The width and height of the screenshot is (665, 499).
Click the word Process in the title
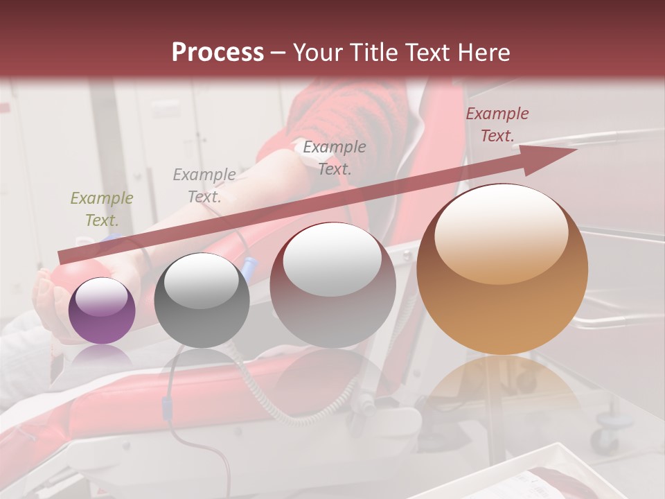[218, 53]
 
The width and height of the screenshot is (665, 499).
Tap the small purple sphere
[102, 310]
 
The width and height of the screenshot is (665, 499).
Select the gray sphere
[202, 300]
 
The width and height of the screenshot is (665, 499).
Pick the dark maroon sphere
[332, 284]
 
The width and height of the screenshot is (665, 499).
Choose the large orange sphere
[502, 269]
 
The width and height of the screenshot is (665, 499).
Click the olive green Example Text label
[101, 209]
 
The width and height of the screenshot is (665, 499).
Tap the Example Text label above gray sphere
[204, 186]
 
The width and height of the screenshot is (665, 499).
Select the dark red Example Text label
[497, 125]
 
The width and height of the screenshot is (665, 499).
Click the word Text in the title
[432, 53]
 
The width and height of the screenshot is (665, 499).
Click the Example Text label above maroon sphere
[335, 157]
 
